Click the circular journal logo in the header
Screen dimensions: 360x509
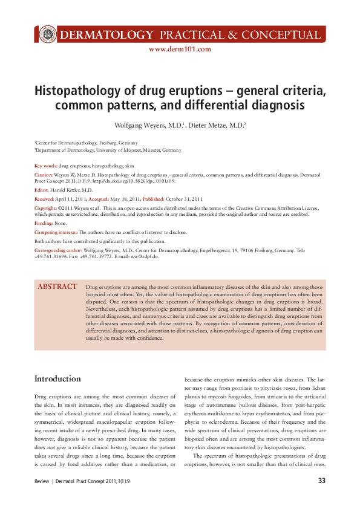point(46,34)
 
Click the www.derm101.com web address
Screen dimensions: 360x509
point(180,50)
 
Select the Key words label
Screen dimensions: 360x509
point(46,165)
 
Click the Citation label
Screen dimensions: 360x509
point(44,174)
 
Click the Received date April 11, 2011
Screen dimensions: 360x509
point(71,198)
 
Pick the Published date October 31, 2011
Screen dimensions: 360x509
point(185,198)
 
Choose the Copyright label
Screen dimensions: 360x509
point(46,207)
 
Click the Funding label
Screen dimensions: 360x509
point(44,223)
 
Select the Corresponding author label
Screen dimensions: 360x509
point(58,250)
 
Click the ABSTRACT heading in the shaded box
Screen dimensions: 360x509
point(57,287)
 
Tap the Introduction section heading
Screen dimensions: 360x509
point(57,379)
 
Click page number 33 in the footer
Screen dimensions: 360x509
point(322,481)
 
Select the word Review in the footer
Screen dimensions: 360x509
point(42,481)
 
